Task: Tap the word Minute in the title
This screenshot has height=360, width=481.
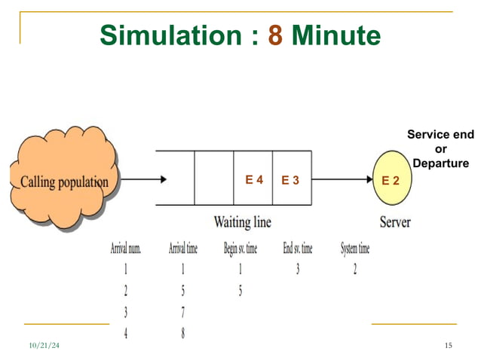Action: click(x=336, y=35)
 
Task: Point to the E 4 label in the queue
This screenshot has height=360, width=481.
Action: click(x=254, y=180)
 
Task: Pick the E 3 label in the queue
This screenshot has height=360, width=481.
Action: click(x=290, y=180)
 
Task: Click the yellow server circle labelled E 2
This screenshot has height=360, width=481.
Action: click(x=391, y=180)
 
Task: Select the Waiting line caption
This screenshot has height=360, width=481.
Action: click(x=242, y=222)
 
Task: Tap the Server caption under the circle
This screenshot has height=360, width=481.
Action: click(x=394, y=222)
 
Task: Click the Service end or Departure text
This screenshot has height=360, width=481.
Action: click(x=441, y=148)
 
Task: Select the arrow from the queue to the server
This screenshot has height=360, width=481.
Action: click(x=342, y=180)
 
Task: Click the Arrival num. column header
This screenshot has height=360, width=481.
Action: click(x=126, y=249)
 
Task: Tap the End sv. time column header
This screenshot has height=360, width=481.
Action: click(x=297, y=249)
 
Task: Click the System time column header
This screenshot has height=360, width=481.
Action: click(x=355, y=249)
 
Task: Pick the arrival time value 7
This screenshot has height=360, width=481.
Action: click(x=183, y=312)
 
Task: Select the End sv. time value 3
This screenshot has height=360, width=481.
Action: click(x=297, y=270)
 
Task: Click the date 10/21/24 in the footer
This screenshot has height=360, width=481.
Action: click(x=44, y=345)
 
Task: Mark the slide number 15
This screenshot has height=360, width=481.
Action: click(x=449, y=345)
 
